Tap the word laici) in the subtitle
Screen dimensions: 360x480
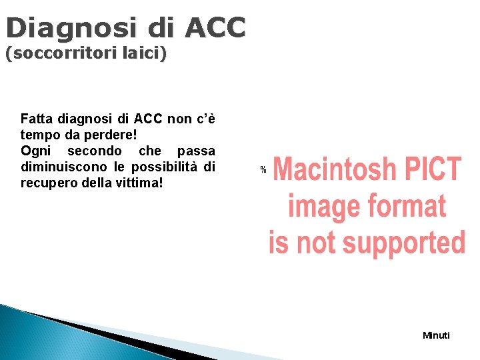point(144,54)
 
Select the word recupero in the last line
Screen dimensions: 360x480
point(47,182)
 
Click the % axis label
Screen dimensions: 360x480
point(263,171)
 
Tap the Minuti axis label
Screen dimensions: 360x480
point(437,335)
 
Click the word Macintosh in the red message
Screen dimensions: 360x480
point(335,169)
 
